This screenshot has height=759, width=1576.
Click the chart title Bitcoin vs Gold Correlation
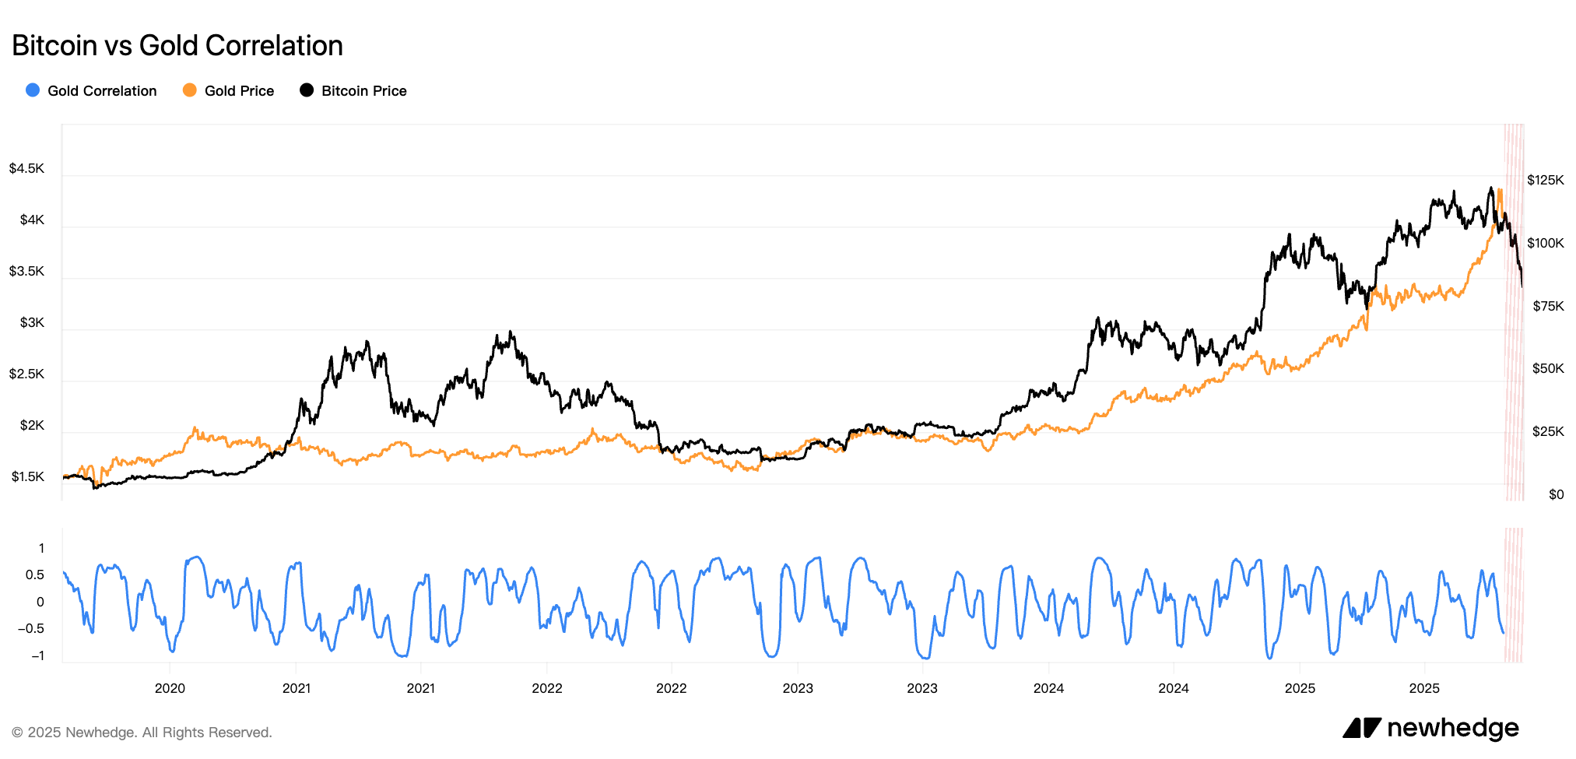click(x=177, y=46)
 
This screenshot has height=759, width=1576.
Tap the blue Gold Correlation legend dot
click(x=33, y=90)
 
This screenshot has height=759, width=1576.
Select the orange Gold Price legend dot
click(x=189, y=90)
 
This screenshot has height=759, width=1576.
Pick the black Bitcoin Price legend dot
click(x=307, y=90)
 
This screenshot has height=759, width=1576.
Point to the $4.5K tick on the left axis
click(x=26, y=169)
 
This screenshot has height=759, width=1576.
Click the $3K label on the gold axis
click(x=32, y=323)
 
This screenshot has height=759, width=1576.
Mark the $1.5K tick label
click(x=27, y=477)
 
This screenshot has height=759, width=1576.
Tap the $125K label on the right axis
click(x=1545, y=181)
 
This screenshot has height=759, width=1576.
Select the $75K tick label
click(x=1548, y=307)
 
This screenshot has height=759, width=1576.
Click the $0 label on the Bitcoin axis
click(x=1556, y=495)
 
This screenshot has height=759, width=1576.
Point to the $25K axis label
click(x=1548, y=432)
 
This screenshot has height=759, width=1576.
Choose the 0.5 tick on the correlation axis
click(x=35, y=575)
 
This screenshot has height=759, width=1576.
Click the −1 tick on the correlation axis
click(x=37, y=656)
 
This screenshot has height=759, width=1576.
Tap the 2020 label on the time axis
click(x=170, y=688)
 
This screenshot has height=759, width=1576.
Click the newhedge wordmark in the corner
click(x=1452, y=729)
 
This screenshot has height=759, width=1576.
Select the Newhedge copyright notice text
click(x=142, y=733)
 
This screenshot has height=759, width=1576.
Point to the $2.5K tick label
click(x=26, y=374)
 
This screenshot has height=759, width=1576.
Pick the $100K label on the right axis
click(x=1545, y=244)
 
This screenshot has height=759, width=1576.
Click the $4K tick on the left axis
click(x=32, y=220)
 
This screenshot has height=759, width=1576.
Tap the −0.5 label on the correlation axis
click(x=31, y=629)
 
